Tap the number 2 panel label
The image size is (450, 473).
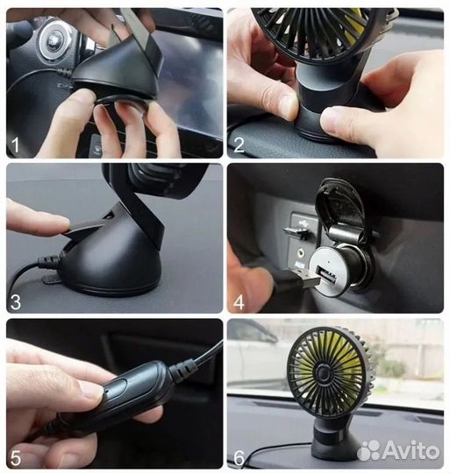coord(240,143)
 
